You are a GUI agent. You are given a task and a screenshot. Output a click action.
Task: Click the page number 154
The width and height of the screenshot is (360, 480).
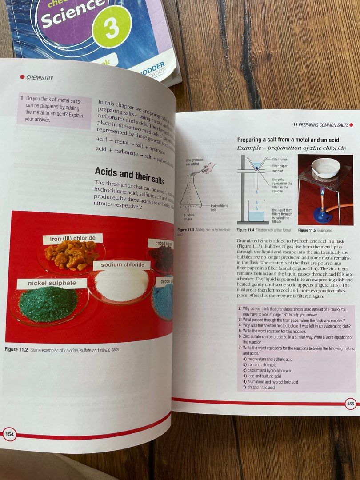pyautogui.click(x=9, y=434)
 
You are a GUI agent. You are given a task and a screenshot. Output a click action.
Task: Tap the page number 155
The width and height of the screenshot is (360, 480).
pyautogui.click(x=350, y=404)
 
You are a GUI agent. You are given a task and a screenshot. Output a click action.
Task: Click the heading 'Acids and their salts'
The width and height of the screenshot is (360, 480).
pyautogui.click(x=129, y=172)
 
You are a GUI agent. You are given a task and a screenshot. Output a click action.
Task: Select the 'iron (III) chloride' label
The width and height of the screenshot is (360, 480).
pyautogui.click(x=73, y=239)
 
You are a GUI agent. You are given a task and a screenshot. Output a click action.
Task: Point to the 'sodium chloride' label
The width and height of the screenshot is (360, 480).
pyautogui.click(x=122, y=264)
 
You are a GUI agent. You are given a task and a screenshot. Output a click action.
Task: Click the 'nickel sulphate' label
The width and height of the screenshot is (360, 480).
pyautogui.click(x=52, y=283)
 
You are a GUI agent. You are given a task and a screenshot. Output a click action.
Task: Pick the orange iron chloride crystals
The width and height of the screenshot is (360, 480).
pyautogui.click(x=71, y=255)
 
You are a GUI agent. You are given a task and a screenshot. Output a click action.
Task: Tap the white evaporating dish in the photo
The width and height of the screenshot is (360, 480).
pyautogui.click(x=325, y=168)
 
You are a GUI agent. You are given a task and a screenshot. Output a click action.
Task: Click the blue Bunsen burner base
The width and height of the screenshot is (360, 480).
pyautogui.click(x=323, y=214)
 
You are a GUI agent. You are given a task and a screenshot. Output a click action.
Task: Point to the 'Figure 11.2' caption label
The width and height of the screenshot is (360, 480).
pyautogui.click(x=16, y=350)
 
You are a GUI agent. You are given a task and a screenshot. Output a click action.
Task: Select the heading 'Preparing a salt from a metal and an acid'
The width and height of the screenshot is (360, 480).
pyautogui.click(x=288, y=140)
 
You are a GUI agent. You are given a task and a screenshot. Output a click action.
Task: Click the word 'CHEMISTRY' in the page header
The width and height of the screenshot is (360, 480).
pyautogui.click(x=40, y=78)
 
